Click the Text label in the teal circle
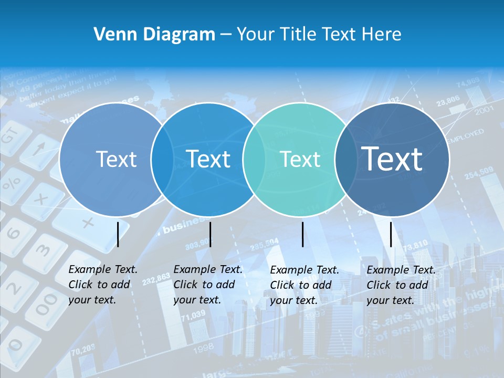[300, 159]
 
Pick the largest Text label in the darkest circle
[392, 159]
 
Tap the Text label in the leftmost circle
[117, 159]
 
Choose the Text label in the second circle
[208, 159]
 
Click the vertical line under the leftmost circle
[118, 234]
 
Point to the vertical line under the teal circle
[303, 234]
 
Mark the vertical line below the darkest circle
[391, 234]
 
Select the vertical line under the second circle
[210, 234]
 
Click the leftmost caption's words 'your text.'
[92, 300]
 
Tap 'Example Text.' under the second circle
[208, 269]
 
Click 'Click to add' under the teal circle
[301, 285]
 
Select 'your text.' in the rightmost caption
[390, 300]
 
